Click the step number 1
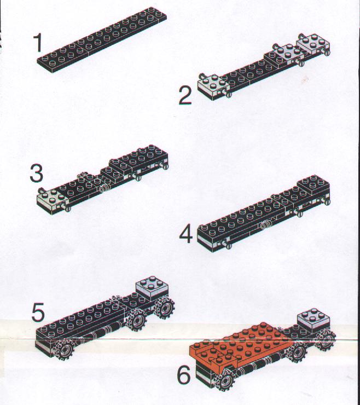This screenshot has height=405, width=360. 38,43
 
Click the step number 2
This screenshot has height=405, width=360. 185,96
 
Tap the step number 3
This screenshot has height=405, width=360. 36,173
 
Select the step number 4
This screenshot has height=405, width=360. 186,234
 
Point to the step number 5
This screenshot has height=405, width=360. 38,313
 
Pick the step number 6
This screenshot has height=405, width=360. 184,375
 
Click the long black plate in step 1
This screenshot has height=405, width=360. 102,40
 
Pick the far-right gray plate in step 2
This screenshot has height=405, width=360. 313,44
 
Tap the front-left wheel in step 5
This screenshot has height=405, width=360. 63,349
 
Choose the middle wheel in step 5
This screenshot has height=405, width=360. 136,320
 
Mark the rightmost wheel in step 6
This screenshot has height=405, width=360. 326,338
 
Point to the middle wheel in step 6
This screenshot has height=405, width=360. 298,352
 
